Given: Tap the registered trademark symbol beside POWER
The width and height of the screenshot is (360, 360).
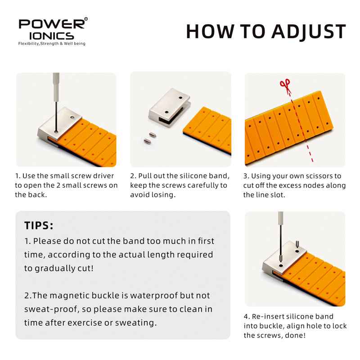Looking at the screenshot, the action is [x=86, y=19].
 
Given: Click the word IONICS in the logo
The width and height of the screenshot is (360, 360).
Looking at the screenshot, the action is [x=52, y=36].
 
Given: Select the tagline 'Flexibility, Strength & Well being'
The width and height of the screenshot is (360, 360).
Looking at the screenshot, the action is [x=52, y=44].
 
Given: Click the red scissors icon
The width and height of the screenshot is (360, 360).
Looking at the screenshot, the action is [x=285, y=86].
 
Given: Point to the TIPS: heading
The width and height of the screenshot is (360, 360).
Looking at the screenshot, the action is [x=39, y=225].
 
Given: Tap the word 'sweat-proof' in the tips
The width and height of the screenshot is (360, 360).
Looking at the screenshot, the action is [x=52, y=309].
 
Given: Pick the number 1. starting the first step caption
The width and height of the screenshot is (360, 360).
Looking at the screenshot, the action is [x=18, y=176].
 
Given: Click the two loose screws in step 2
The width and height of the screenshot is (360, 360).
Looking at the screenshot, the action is [x=150, y=138].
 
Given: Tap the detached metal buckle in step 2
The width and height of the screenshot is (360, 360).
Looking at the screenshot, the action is [x=170, y=107].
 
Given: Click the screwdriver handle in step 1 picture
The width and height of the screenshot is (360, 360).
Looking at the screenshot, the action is [x=56, y=87].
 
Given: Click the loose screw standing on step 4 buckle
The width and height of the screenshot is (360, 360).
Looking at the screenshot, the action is [x=297, y=243].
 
